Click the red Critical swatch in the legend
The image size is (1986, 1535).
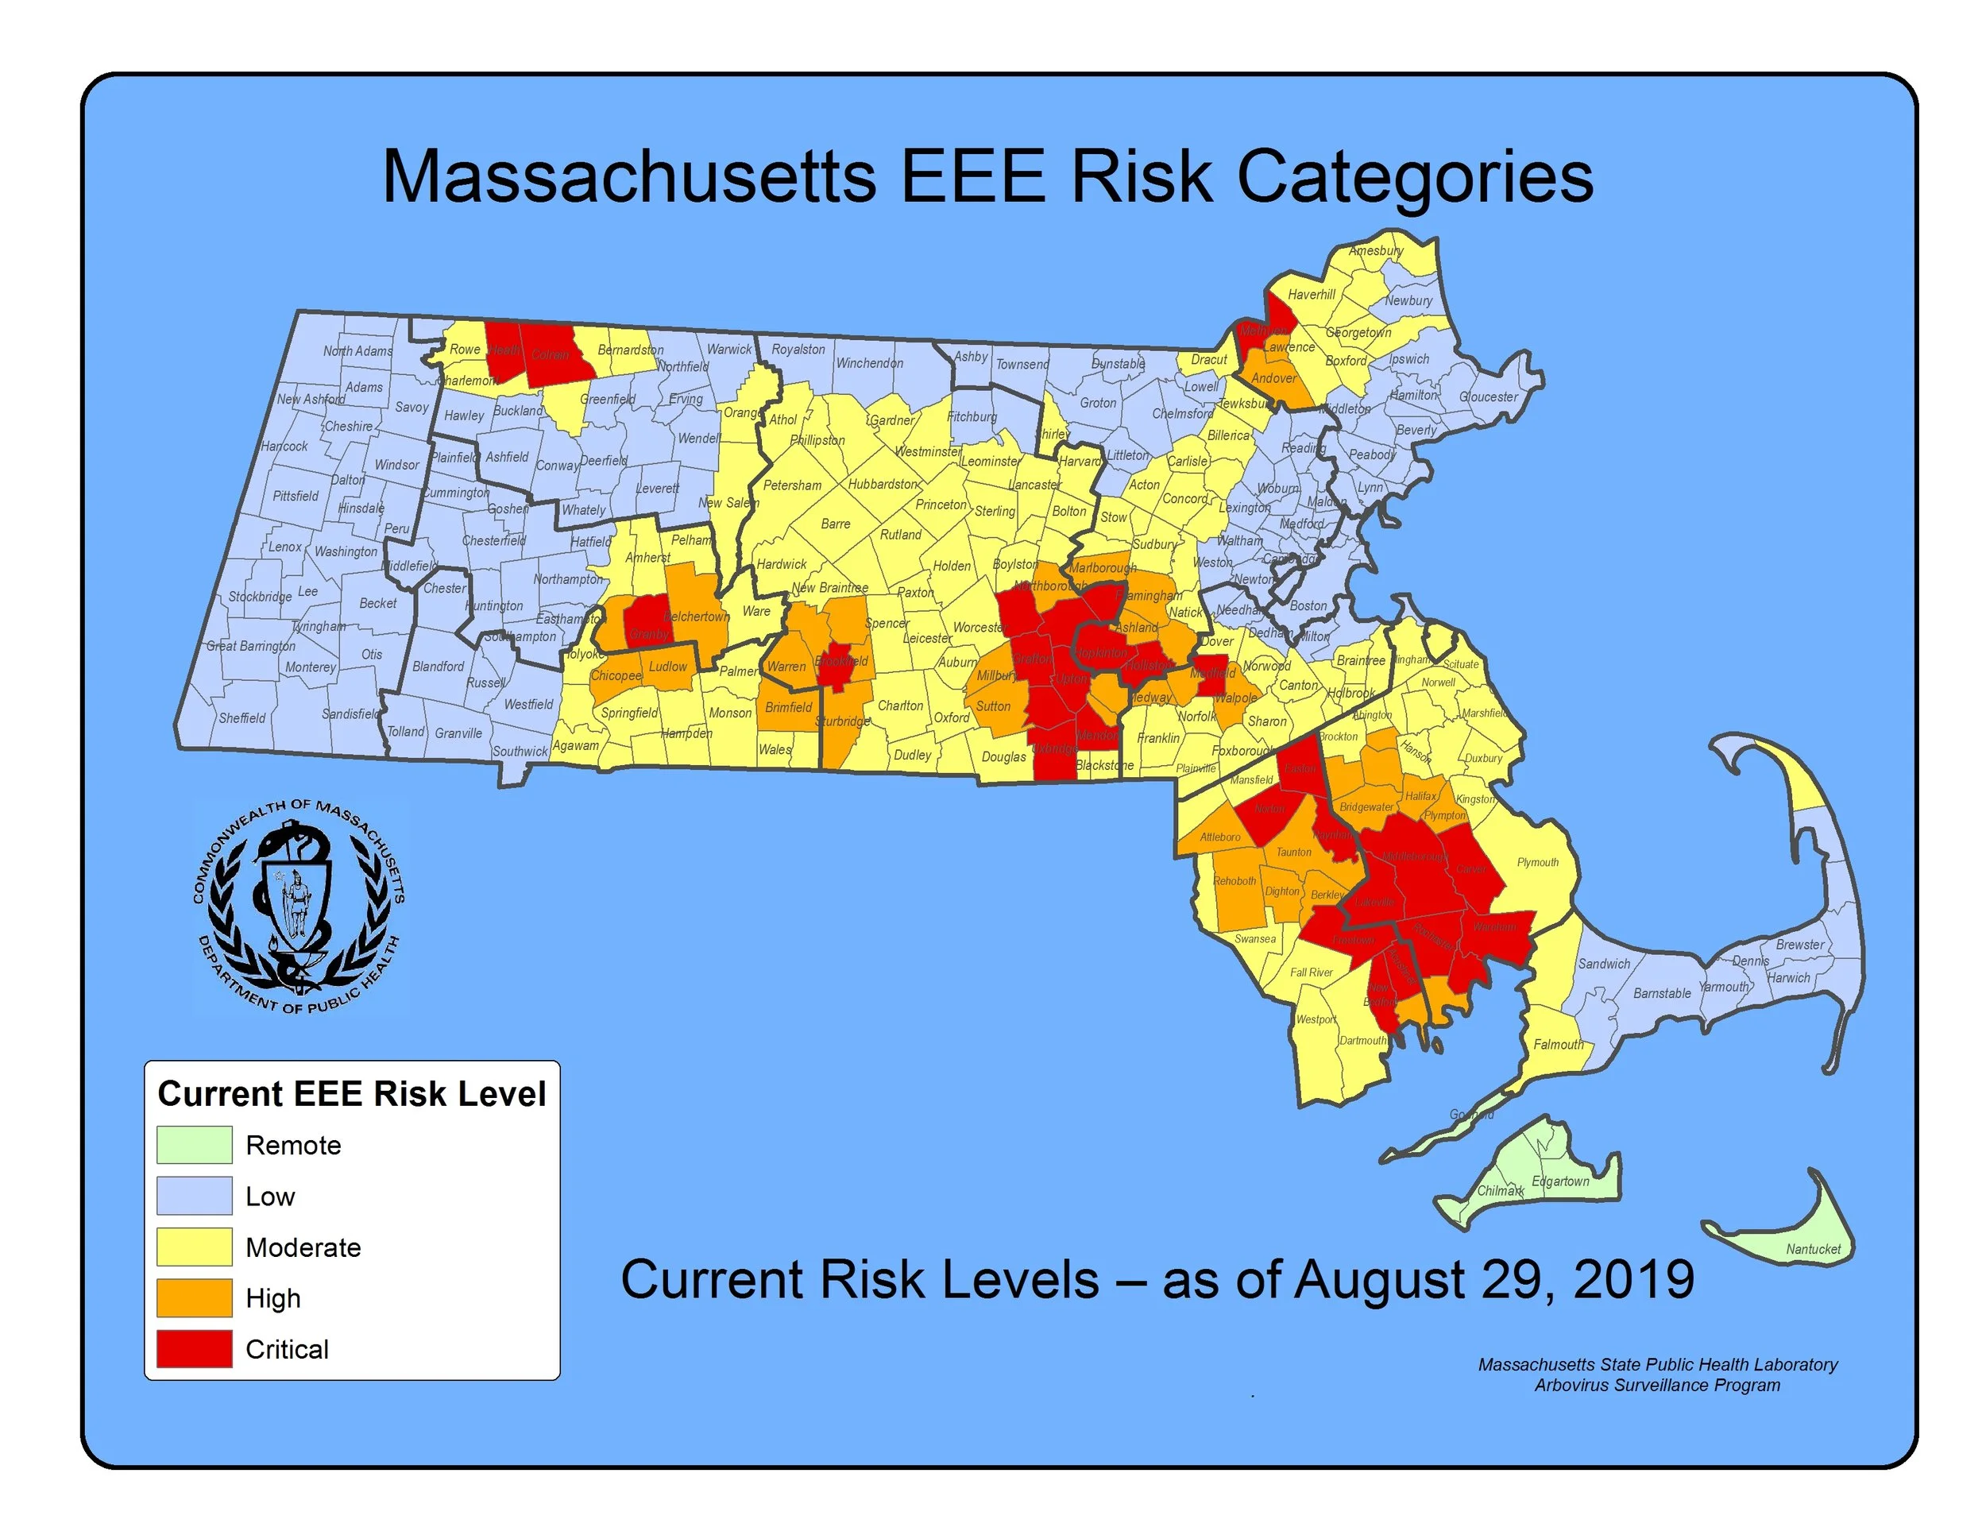(x=194, y=1348)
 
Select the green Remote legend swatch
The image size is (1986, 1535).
(x=194, y=1145)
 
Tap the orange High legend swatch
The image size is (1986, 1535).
(x=194, y=1297)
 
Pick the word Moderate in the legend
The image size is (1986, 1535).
(x=303, y=1247)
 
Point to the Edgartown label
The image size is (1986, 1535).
(x=1560, y=1181)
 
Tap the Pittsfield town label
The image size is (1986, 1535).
(x=296, y=496)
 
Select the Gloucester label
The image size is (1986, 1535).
(x=1489, y=396)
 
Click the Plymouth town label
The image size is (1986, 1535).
(x=1538, y=862)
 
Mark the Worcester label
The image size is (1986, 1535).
(x=979, y=628)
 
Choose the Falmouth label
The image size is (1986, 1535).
(x=1559, y=1044)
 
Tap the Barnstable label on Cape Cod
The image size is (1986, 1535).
(x=1661, y=993)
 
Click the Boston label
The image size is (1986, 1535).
(x=1308, y=605)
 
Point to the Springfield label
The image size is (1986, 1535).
(x=629, y=712)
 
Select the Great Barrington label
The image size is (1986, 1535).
(x=250, y=646)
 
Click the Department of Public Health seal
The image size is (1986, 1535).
(x=297, y=908)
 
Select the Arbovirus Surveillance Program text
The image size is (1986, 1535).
(x=1657, y=1385)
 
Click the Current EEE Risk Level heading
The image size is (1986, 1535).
(x=351, y=1093)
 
